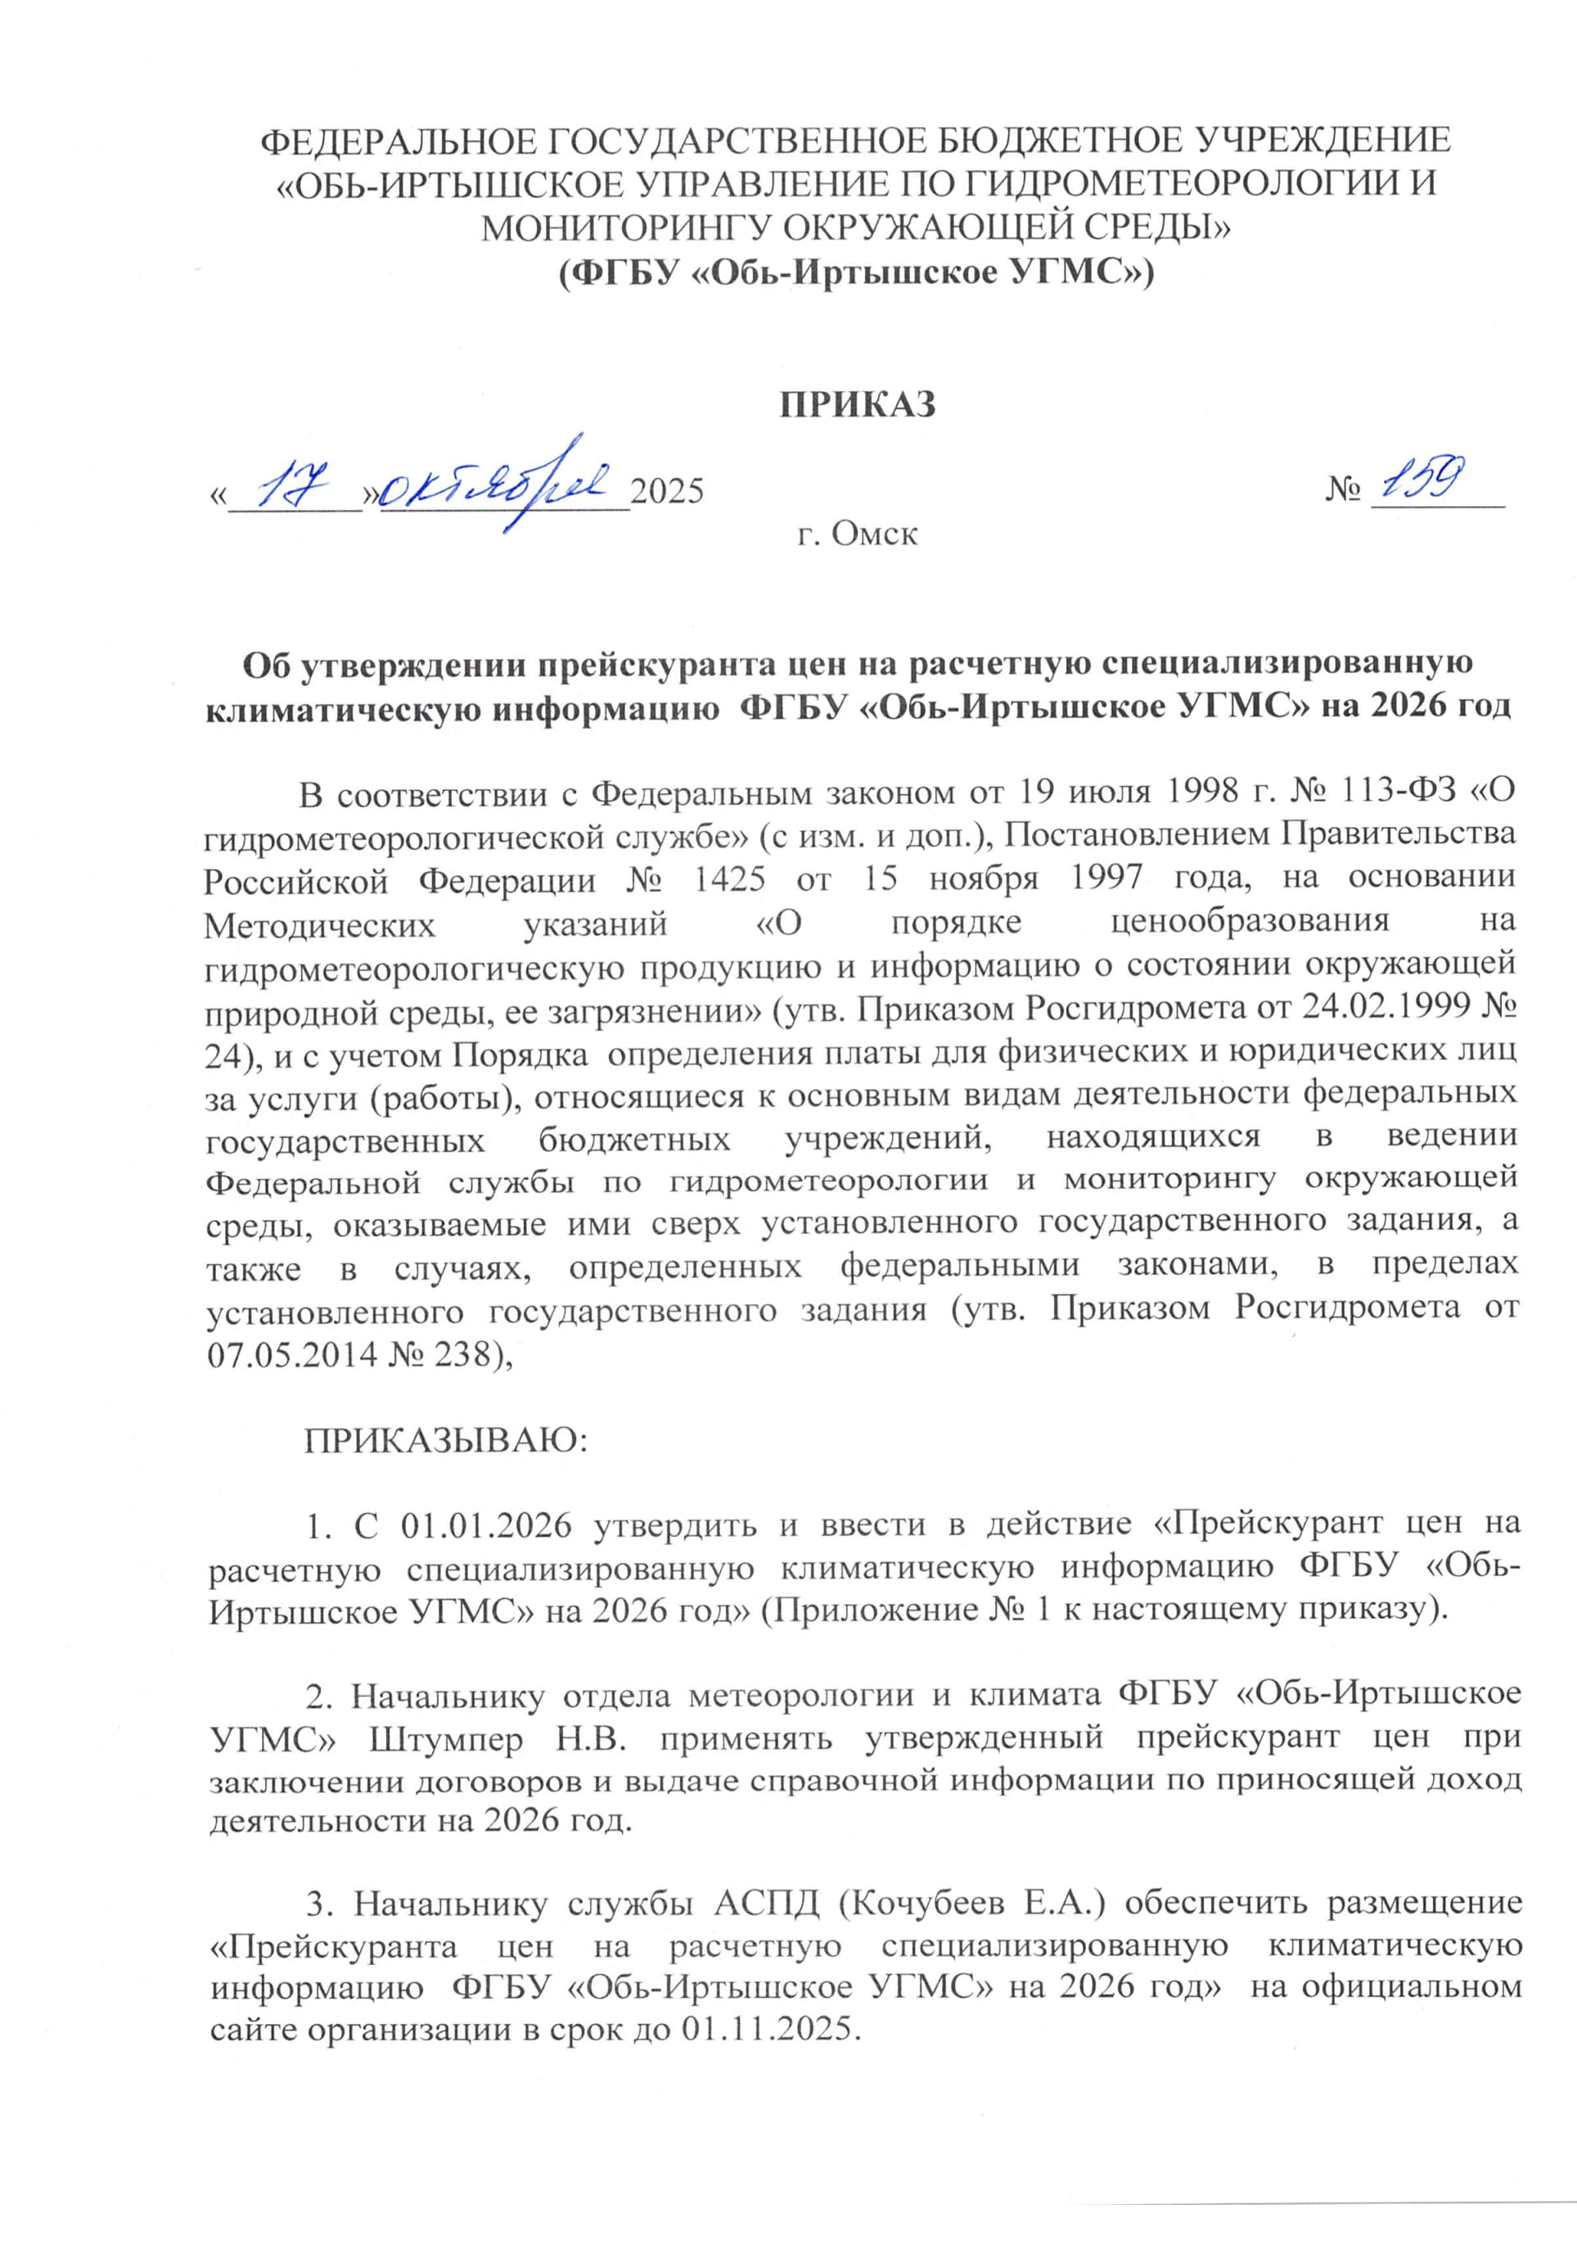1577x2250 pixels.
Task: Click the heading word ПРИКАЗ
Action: tap(857, 404)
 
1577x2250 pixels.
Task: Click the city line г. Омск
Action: tap(858, 535)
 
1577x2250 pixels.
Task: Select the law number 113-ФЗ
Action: tap(1401, 792)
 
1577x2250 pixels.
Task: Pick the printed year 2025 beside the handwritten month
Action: tap(667, 490)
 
